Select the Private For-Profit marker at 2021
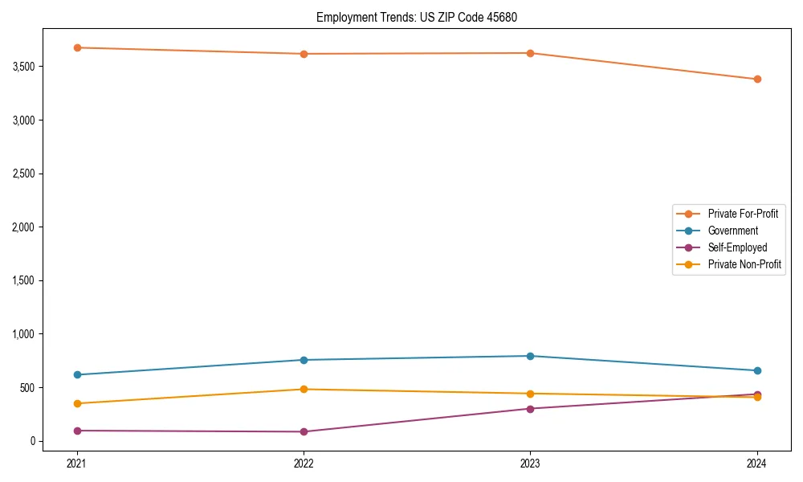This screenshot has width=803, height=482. pos(77,47)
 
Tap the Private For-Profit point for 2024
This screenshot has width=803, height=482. pos(757,79)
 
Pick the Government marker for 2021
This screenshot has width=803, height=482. pos(77,374)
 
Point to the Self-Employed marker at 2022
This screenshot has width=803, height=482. pos(304,431)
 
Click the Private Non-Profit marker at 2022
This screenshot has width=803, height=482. pos(304,389)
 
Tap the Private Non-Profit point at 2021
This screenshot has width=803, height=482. pos(77,403)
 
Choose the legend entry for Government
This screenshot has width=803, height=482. pos(732,231)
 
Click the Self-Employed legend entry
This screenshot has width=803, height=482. pos(737,247)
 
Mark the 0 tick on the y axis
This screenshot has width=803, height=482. pos(33,441)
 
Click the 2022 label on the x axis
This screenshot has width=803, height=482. pos(304,463)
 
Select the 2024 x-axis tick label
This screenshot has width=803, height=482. pos(757,463)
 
